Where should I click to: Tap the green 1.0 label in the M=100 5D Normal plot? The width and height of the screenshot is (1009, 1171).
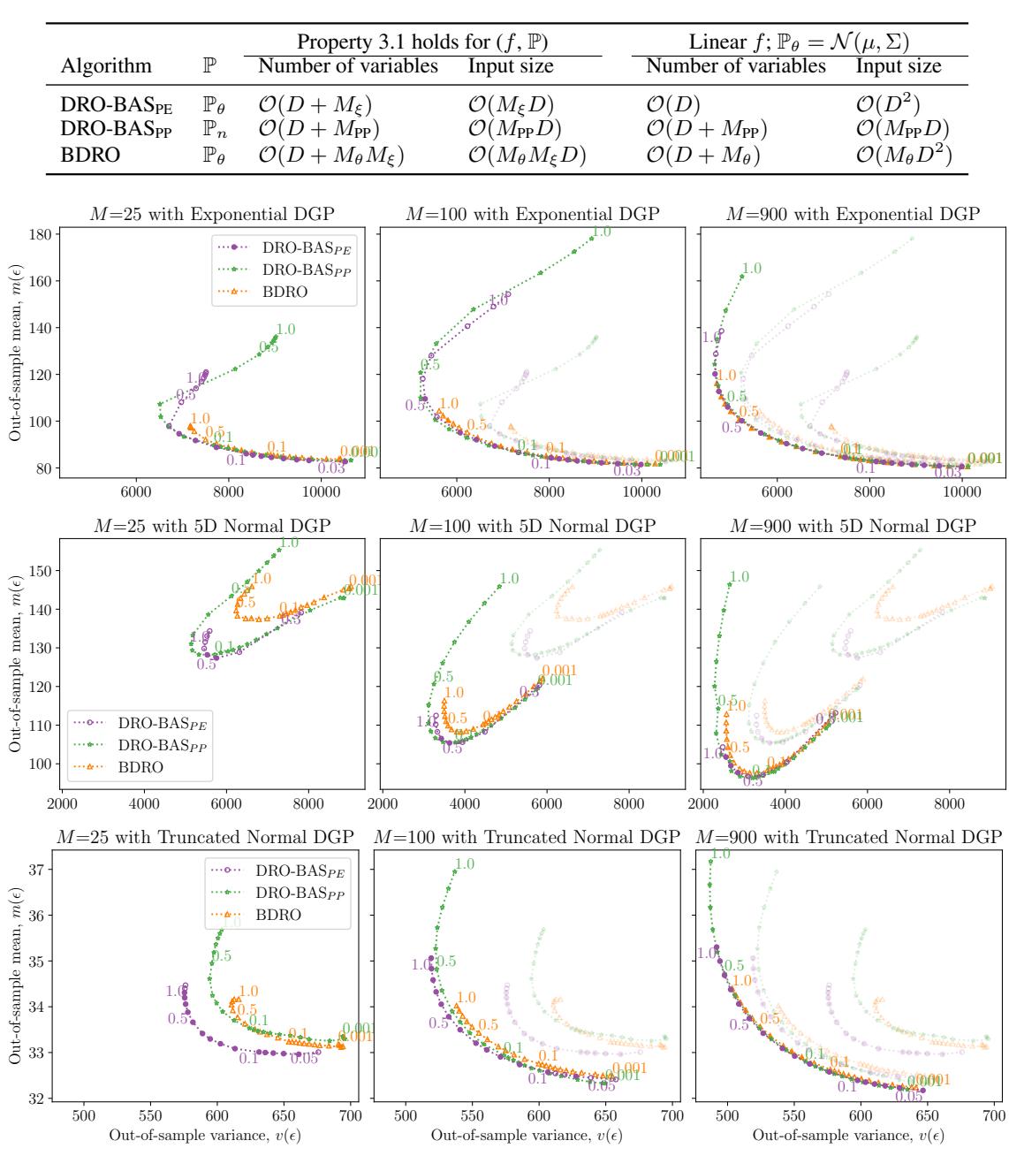coord(508,579)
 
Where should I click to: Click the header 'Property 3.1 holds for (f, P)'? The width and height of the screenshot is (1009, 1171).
coord(423,41)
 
